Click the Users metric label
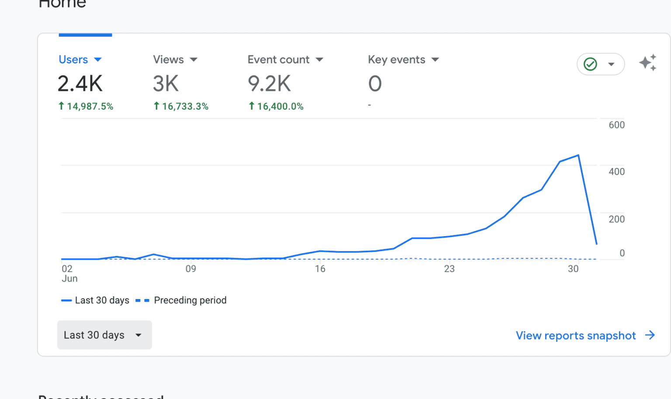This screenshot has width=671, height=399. (x=73, y=60)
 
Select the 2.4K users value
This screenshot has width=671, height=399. (x=80, y=83)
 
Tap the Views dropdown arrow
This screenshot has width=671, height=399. (x=194, y=60)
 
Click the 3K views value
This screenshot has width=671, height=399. (x=166, y=83)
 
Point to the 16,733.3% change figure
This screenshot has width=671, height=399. (x=185, y=107)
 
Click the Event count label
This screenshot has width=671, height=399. (x=278, y=60)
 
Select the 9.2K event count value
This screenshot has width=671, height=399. (x=269, y=83)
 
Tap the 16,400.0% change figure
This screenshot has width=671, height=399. (x=280, y=107)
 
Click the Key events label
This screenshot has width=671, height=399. (x=396, y=60)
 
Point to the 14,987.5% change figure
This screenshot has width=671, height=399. (x=90, y=107)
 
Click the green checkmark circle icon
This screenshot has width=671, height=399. (x=591, y=64)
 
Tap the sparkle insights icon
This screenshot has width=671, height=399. (x=648, y=63)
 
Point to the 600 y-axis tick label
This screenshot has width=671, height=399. (x=616, y=125)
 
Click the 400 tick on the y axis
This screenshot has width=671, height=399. (x=616, y=172)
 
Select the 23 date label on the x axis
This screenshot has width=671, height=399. (x=449, y=269)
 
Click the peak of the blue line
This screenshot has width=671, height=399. (x=578, y=155)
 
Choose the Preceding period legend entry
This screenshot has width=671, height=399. (x=190, y=300)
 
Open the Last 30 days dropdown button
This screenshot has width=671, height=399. (x=104, y=335)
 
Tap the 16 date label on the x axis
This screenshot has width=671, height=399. (x=320, y=269)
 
